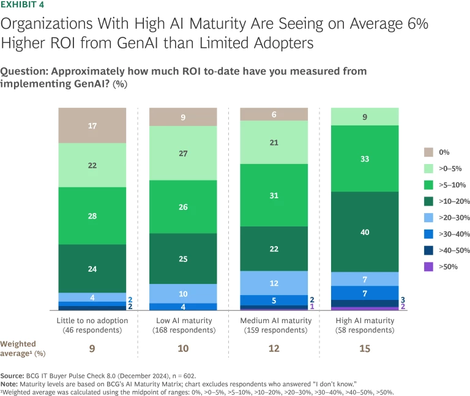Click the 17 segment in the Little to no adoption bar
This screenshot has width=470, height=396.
(x=92, y=125)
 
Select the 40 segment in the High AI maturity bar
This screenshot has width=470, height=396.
(x=365, y=231)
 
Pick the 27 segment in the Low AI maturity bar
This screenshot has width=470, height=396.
(x=183, y=153)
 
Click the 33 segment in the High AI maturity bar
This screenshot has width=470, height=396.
(x=365, y=159)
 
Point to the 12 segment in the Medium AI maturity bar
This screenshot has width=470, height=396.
(x=274, y=283)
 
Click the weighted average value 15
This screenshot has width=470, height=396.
(x=365, y=348)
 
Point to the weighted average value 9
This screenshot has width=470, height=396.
(x=92, y=348)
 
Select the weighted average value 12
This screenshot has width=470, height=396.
(x=274, y=348)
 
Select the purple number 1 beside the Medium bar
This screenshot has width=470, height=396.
(x=313, y=307)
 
